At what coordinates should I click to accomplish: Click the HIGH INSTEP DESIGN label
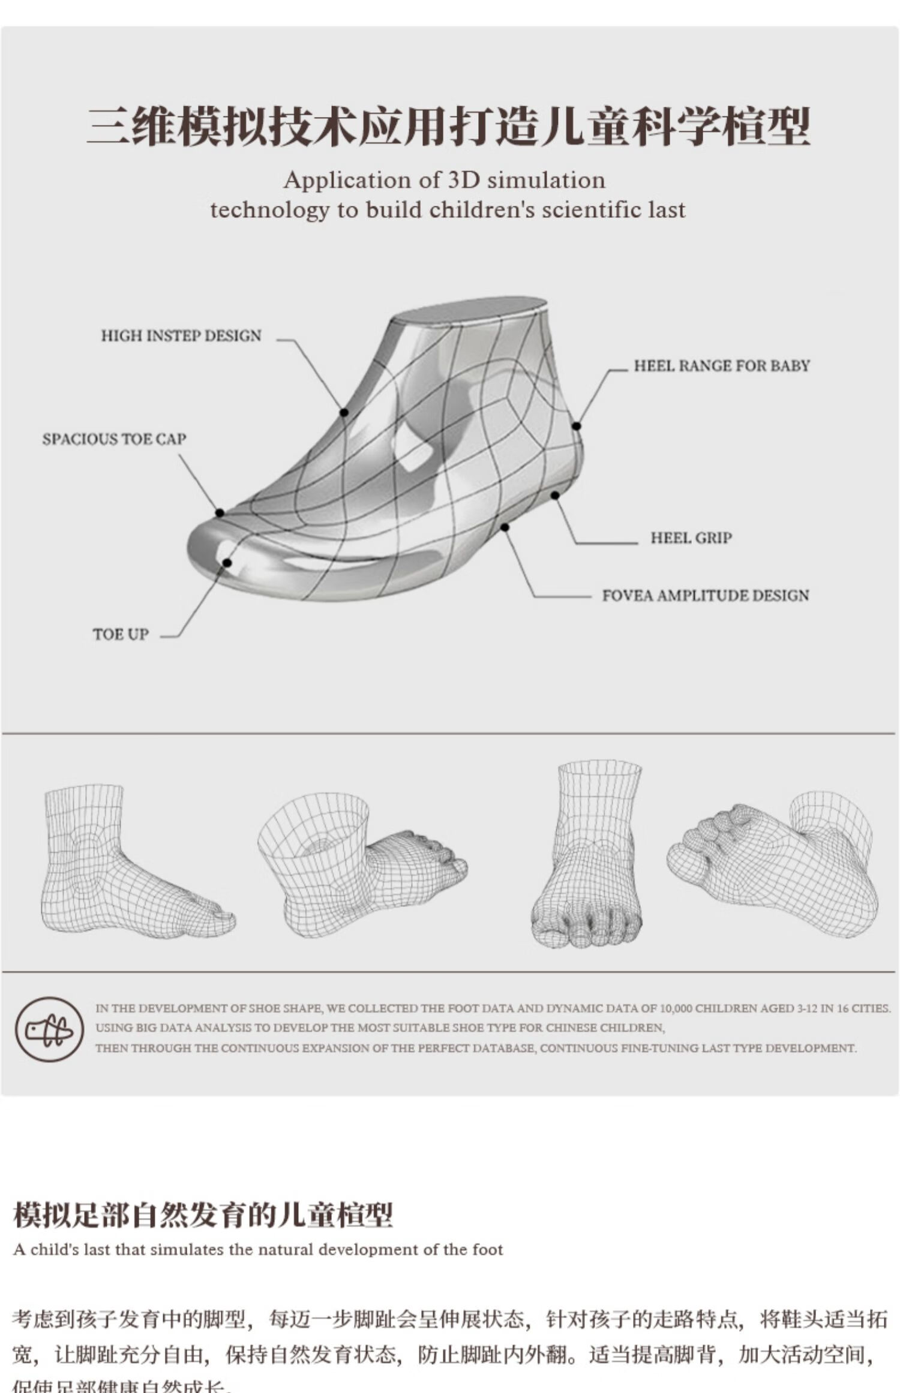[181, 335]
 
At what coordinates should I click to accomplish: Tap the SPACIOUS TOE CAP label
[114, 439]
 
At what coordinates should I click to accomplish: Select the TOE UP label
[121, 634]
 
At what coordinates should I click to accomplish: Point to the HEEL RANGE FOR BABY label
[722, 365]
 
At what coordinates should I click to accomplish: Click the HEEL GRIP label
[691, 538]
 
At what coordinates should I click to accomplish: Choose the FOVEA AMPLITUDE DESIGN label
[706, 595]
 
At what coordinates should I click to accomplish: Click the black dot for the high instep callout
[344, 413]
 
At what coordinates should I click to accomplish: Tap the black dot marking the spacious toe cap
[220, 513]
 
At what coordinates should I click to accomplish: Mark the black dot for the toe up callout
[227, 563]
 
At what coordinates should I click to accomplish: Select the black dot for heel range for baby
[576, 426]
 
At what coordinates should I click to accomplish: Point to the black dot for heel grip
[555, 495]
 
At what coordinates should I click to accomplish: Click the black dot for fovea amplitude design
[505, 527]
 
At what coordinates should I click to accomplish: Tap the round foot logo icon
[49, 1029]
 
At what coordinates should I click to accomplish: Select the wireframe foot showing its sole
[774, 864]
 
